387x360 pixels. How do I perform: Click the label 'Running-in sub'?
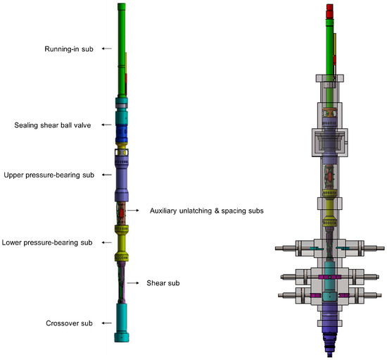click(x=69, y=49)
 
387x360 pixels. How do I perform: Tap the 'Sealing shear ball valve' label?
click(x=53, y=125)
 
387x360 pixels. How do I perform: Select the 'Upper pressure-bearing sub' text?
click(x=49, y=175)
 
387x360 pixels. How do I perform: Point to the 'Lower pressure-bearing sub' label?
click(x=47, y=242)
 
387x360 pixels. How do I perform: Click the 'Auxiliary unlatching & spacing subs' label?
click(x=207, y=211)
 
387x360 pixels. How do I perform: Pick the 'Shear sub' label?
click(x=163, y=283)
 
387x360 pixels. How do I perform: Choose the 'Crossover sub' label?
click(x=69, y=323)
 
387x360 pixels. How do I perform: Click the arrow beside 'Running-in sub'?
click(x=107, y=49)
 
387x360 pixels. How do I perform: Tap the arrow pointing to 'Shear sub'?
click(x=133, y=283)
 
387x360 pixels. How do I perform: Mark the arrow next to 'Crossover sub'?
click(x=107, y=323)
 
